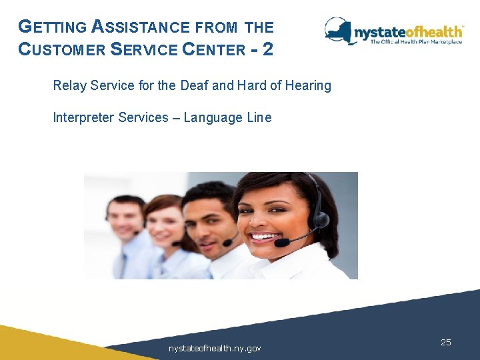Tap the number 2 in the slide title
pos(267,49)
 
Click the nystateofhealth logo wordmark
pos(408,31)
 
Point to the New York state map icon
pos(339,30)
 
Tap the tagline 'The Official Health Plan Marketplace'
pos(416,42)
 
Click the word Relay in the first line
pos(68,86)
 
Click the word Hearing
pos(309,86)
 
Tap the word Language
pos(213,118)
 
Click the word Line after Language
pos(259,118)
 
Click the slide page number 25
pos(446,342)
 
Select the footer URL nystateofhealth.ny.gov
pos(215,348)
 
